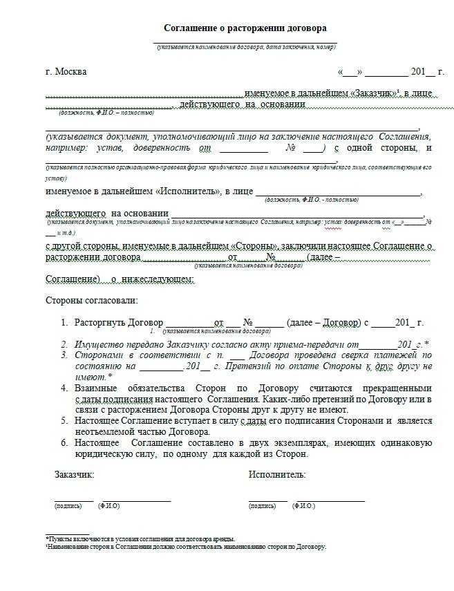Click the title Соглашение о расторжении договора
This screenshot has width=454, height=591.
click(245, 28)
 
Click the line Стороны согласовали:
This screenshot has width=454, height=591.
click(91, 300)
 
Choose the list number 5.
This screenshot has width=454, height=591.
click(63, 420)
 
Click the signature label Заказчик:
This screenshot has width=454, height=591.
click(74, 475)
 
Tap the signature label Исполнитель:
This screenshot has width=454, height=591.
click(276, 475)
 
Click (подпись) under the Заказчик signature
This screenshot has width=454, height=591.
click(68, 506)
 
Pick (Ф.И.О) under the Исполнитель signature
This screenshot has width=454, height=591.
click(304, 506)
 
